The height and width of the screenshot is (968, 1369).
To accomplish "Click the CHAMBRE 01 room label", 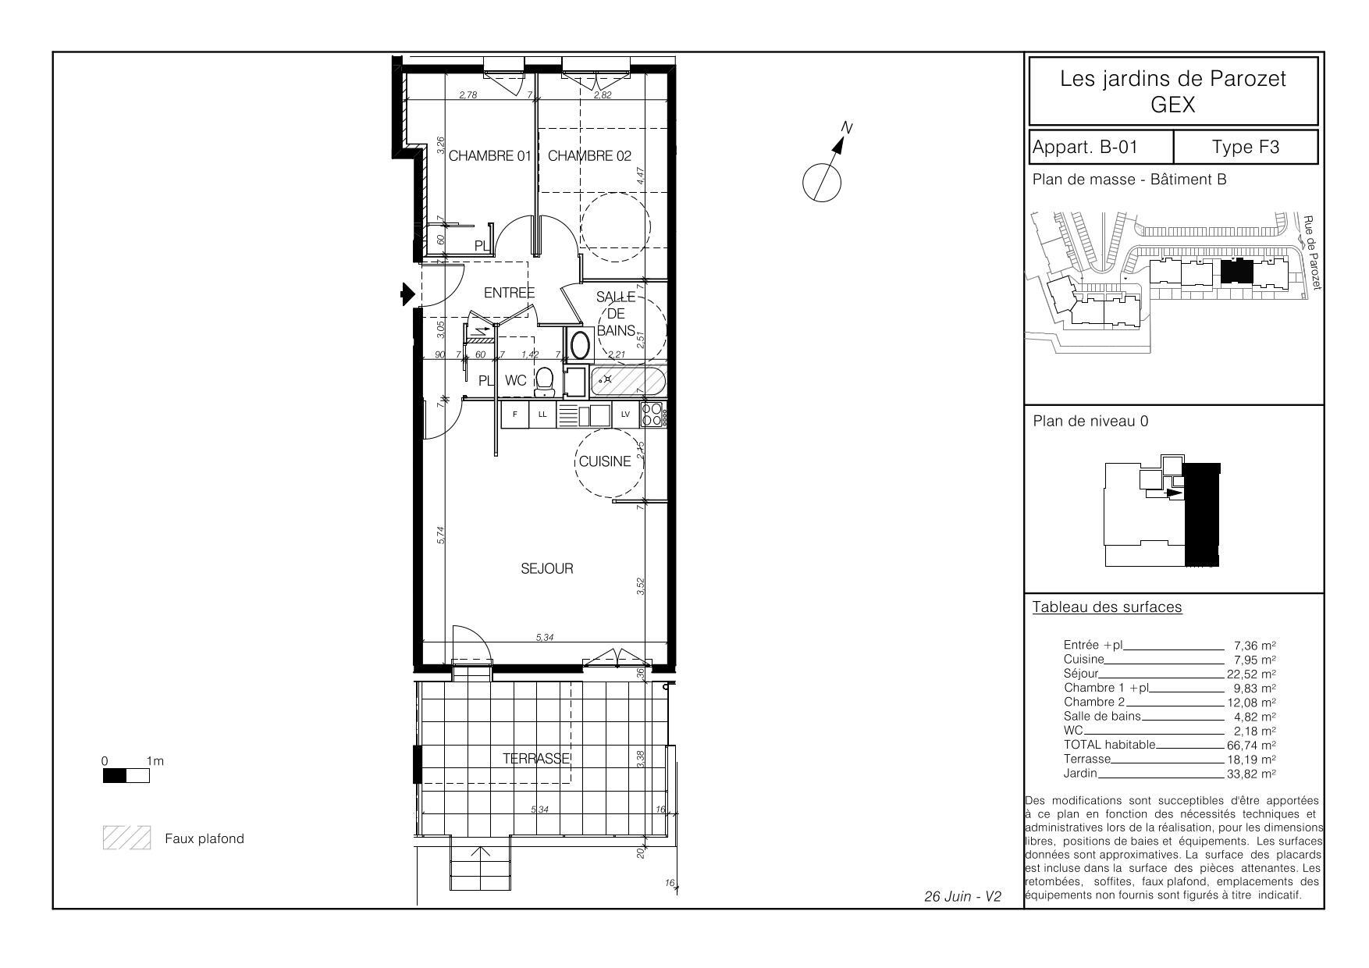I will coord(489,155).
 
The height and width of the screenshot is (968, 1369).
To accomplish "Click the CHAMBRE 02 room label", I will coord(589,155).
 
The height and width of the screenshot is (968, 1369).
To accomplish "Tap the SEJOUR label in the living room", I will coord(547,568).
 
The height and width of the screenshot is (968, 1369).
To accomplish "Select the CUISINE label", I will coord(605,461).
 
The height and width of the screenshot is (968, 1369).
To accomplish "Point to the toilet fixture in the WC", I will coord(545,382).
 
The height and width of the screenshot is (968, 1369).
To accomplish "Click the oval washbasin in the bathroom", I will coord(580,344).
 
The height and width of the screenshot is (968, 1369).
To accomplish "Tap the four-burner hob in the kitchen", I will coord(652,415).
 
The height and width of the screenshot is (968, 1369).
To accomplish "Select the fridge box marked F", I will coord(514,415).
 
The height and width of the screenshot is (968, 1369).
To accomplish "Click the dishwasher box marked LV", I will coord(625,415).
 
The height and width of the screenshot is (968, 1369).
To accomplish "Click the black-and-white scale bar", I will coord(126,776).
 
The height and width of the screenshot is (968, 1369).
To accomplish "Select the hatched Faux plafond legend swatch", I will coord(126,838).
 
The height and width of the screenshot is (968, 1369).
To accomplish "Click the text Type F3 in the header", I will coord(1246,147).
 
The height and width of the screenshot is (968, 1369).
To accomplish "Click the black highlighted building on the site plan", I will coord(1236,272).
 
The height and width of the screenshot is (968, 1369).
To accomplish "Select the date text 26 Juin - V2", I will coord(962,896).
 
